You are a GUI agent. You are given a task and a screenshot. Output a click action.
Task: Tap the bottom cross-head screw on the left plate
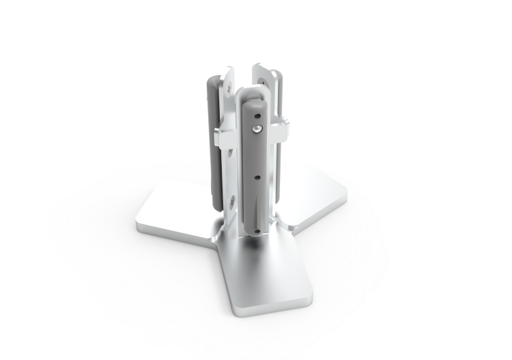click(x=233, y=201)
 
